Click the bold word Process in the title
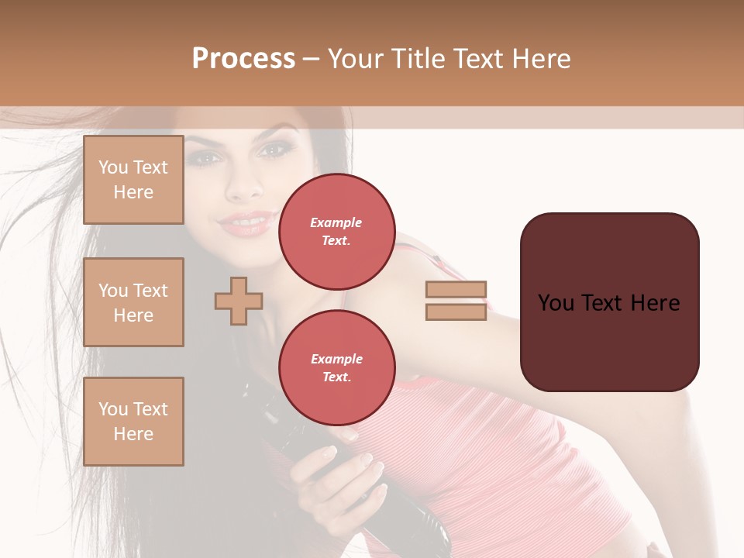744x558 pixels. tap(243, 59)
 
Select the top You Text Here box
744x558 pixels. tap(133, 180)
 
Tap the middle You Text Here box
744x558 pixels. tap(133, 302)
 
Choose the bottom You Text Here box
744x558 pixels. tap(133, 422)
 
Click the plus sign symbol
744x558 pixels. tap(239, 301)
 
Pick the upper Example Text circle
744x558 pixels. tap(336, 232)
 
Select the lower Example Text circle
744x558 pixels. tap(336, 368)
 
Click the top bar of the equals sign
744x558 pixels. tap(456, 290)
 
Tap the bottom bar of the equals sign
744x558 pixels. tap(456, 312)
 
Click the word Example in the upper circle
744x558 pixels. tap(336, 223)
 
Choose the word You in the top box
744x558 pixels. tap(113, 167)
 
